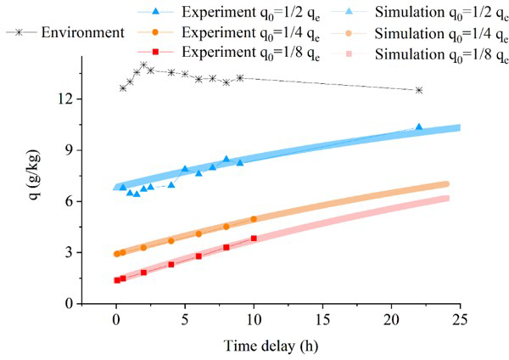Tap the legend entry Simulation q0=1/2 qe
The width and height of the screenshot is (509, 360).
click(441, 12)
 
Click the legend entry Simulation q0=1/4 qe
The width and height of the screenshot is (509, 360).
click(441, 34)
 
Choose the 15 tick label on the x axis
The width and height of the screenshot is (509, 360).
click(322, 318)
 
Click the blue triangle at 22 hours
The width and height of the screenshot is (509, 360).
click(419, 127)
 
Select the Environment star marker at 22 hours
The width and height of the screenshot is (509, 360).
click(419, 90)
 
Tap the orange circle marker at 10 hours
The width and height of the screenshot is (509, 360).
click(254, 219)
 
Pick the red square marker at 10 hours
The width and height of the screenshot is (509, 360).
click(254, 239)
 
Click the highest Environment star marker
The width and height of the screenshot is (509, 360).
click(143, 65)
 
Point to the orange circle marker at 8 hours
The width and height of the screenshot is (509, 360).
click(227, 227)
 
